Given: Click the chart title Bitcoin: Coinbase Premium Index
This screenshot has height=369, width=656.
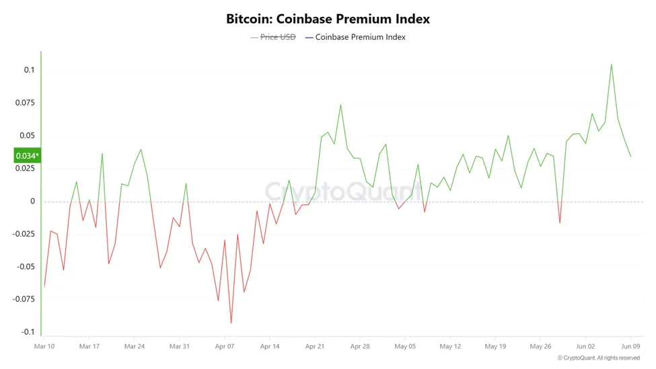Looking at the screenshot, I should click(x=328, y=19).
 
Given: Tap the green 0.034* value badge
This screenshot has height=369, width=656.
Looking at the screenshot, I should click(x=28, y=156).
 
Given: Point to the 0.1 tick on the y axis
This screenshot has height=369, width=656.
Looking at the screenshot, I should click(x=29, y=70).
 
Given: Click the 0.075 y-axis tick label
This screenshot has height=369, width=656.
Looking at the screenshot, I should click(x=25, y=103).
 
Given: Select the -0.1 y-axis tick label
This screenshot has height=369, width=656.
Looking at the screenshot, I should click(x=27, y=332).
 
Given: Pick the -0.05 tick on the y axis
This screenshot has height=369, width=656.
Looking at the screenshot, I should click(x=25, y=267).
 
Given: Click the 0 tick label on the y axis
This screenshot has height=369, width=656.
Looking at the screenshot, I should click(x=32, y=201).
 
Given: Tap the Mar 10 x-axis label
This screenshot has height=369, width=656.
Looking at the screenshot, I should click(x=44, y=347).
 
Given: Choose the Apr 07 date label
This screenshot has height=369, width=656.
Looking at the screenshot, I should click(x=225, y=347).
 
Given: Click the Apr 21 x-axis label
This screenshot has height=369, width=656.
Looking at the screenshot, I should click(x=315, y=347).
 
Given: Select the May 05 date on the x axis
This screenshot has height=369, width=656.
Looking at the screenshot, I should click(x=405, y=347).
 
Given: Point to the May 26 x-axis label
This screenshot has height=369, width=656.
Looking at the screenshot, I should click(x=540, y=347).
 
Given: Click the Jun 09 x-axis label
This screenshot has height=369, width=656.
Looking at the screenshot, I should click(x=630, y=347).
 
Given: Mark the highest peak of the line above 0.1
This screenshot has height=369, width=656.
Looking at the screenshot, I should click(x=611, y=65).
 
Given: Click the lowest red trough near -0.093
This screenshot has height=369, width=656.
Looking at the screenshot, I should click(x=231, y=323).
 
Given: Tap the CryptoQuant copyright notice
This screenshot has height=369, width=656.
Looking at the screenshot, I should click(x=599, y=358).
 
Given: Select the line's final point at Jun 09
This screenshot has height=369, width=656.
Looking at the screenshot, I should click(x=630, y=156).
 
